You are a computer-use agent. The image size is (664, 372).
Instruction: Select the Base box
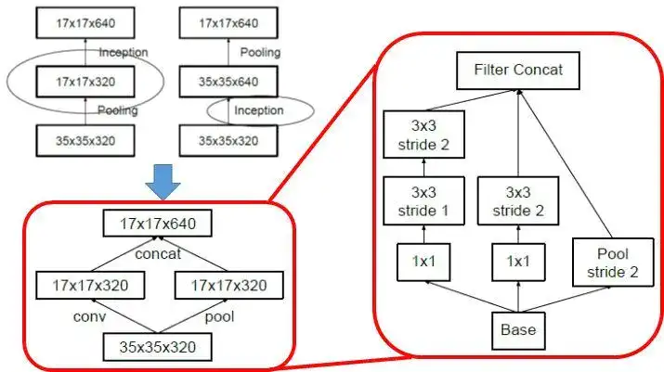coord(516,329)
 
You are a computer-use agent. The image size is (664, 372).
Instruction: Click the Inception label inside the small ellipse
coord(259,110)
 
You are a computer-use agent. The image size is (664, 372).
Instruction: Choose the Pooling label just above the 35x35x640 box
coord(260,52)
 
